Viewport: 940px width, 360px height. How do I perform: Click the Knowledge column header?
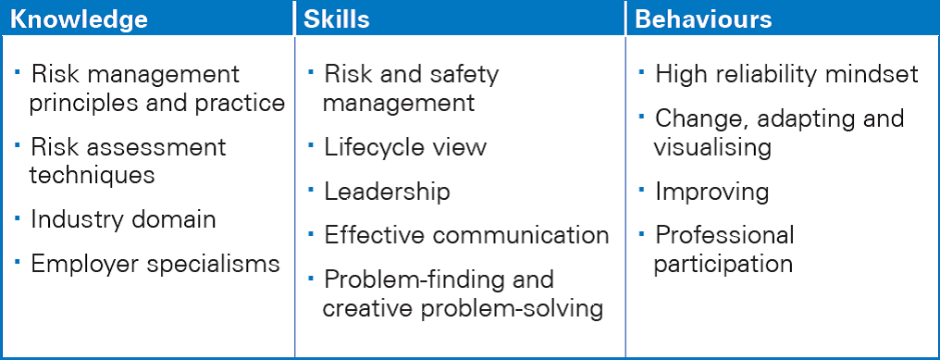tap(79, 19)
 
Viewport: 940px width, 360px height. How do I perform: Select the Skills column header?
tap(337, 19)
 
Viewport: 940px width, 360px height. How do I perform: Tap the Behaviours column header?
tap(703, 19)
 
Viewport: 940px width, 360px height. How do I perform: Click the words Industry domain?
tap(123, 219)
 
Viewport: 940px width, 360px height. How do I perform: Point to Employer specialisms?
tap(155, 264)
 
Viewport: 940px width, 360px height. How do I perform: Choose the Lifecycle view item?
tap(405, 147)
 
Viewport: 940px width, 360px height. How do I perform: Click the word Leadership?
tap(388, 192)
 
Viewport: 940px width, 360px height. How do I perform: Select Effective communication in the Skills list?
tap(466, 235)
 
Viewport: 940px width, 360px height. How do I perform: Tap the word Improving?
tap(712, 192)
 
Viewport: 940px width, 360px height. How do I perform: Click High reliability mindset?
tap(786, 74)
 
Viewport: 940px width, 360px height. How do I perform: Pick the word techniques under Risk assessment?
tap(92, 175)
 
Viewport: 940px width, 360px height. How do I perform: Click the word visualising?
tap(712, 147)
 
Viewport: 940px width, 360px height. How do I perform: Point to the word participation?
tap(723, 264)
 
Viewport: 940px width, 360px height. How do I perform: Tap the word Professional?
tap(724, 235)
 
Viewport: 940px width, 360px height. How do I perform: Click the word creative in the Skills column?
tap(366, 308)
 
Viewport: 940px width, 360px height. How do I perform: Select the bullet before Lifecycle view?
tap(311, 144)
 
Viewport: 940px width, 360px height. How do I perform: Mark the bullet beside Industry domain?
tap(18, 216)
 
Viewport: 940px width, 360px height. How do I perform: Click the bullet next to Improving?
tap(642, 189)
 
